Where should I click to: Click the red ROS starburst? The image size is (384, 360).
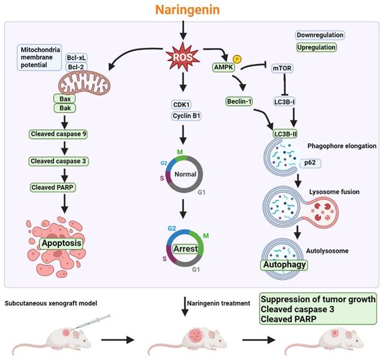182,59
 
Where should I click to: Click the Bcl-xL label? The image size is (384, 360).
76,58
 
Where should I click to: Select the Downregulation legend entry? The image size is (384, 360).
319,36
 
